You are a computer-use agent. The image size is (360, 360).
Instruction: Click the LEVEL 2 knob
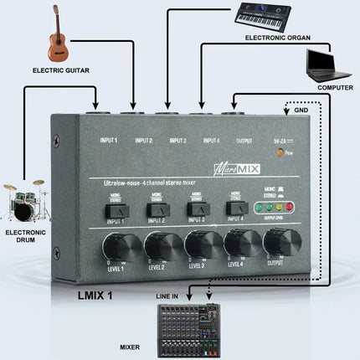tap(157, 245)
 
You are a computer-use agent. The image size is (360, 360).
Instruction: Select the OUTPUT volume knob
tap(278, 243)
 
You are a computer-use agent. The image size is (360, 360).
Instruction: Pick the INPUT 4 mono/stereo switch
tap(236, 206)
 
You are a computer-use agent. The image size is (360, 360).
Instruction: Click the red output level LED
tap(290, 207)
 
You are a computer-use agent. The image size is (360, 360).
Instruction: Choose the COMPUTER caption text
tap(333, 87)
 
